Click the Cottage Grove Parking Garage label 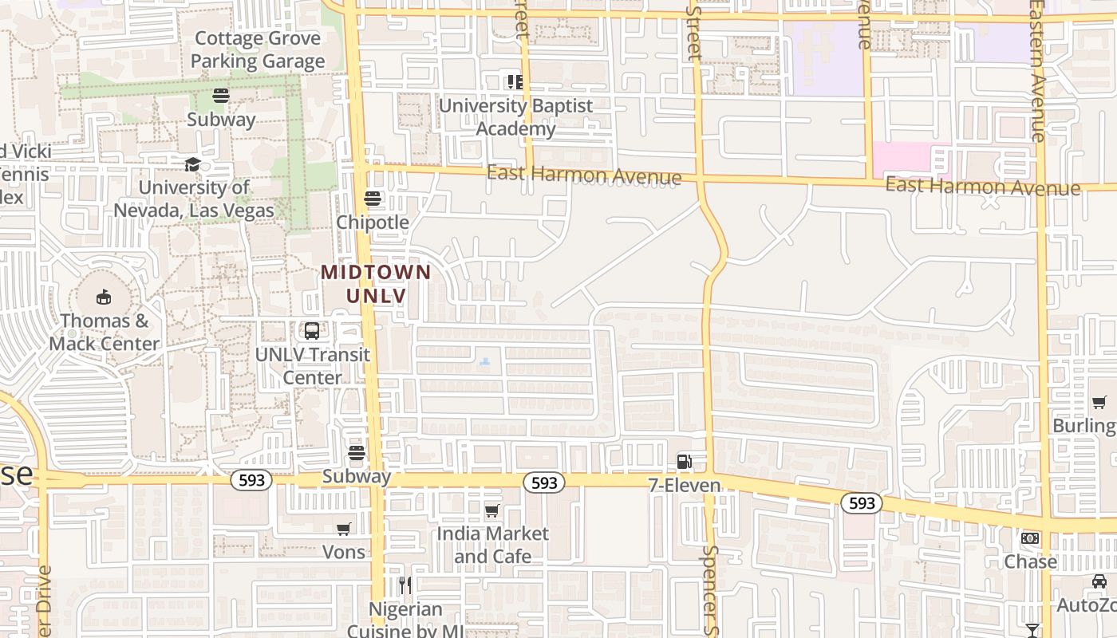tap(258, 49)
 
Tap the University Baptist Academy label tap(516, 117)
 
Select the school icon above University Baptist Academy tap(515, 81)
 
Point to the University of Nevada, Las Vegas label tap(194, 199)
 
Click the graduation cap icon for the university tap(192, 164)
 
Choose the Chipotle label tap(373, 223)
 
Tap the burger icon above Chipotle tap(373, 199)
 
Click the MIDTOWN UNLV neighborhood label tap(376, 284)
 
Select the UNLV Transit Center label tap(313, 366)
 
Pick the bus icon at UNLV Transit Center tap(312, 331)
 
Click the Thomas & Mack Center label tap(105, 333)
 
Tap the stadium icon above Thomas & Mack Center tap(103, 297)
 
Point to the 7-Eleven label tap(685, 485)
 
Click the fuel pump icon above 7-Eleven tap(684, 461)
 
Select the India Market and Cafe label tap(492, 545)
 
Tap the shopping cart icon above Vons tap(344, 529)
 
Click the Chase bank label tap(1030, 561)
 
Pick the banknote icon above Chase tap(1030, 538)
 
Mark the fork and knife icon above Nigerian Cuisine tap(405, 585)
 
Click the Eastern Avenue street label tap(1037, 72)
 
